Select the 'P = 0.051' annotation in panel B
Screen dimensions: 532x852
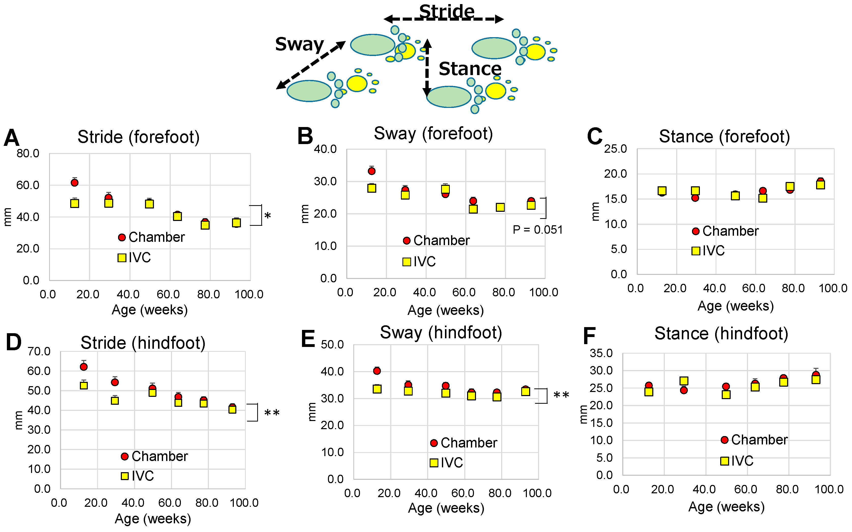(x=537, y=230)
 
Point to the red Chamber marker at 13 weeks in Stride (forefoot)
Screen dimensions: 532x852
(x=74, y=183)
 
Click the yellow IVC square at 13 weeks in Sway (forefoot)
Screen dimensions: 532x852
(x=372, y=188)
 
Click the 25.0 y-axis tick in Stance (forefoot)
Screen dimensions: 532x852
(x=615, y=149)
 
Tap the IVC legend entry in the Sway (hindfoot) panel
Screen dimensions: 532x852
(x=446, y=463)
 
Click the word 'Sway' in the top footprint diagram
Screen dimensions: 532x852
(x=299, y=44)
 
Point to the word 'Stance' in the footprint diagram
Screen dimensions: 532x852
(x=470, y=69)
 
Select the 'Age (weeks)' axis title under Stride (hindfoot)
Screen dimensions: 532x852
(x=153, y=519)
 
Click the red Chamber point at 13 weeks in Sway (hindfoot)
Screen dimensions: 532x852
(x=377, y=371)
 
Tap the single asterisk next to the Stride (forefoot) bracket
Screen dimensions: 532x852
(x=268, y=216)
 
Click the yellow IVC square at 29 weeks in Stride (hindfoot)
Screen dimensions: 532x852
(x=115, y=401)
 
